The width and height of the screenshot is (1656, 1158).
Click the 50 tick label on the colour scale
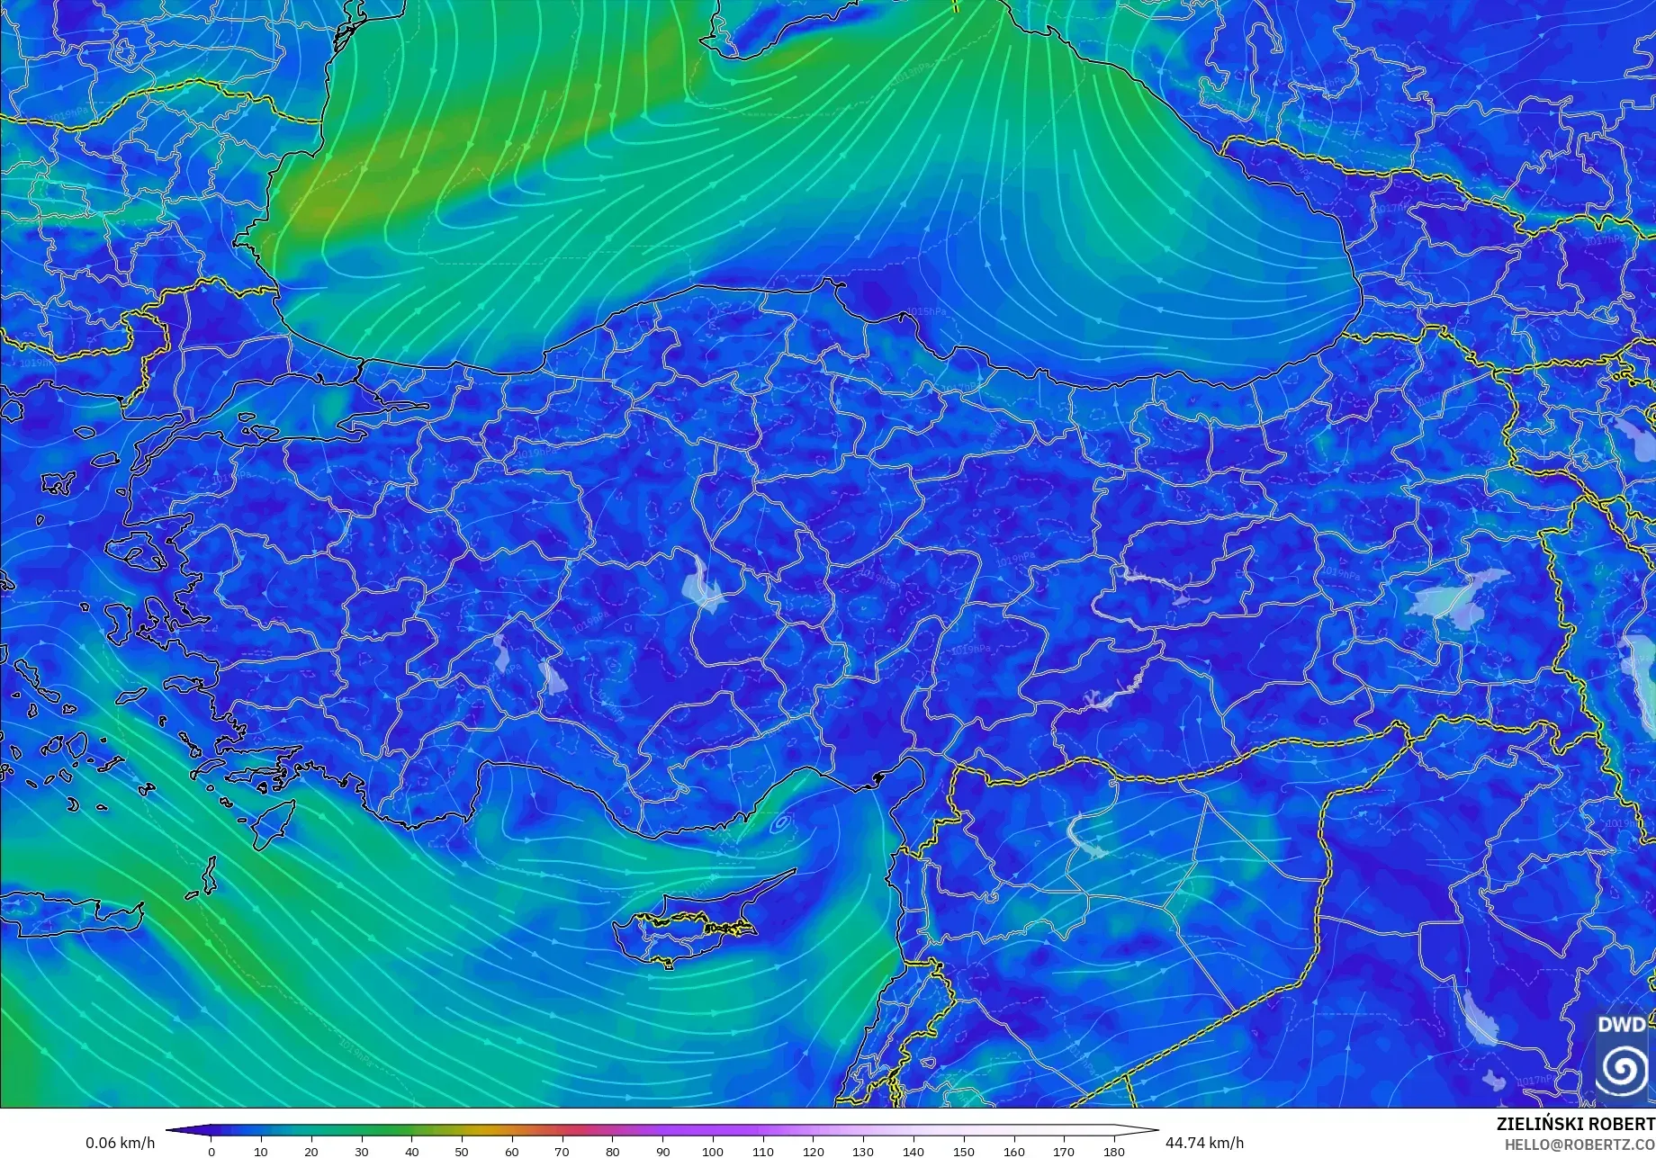click(462, 1152)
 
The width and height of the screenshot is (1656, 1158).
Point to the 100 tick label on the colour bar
click(713, 1152)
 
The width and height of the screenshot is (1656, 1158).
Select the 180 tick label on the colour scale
click(1114, 1152)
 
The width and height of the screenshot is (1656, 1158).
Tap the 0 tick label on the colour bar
click(211, 1152)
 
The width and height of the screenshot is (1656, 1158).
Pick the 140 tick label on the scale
click(913, 1152)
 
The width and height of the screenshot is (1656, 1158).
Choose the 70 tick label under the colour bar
click(562, 1152)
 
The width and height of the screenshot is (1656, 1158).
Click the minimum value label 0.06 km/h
click(121, 1143)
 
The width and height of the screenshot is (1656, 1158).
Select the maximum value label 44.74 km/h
click(1204, 1143)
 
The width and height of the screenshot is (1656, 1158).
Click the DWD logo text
click(1622, 1025)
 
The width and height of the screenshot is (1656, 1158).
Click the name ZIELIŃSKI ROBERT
click(1575, 1125)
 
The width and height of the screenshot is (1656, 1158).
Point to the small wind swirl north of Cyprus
click(779, 821)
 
